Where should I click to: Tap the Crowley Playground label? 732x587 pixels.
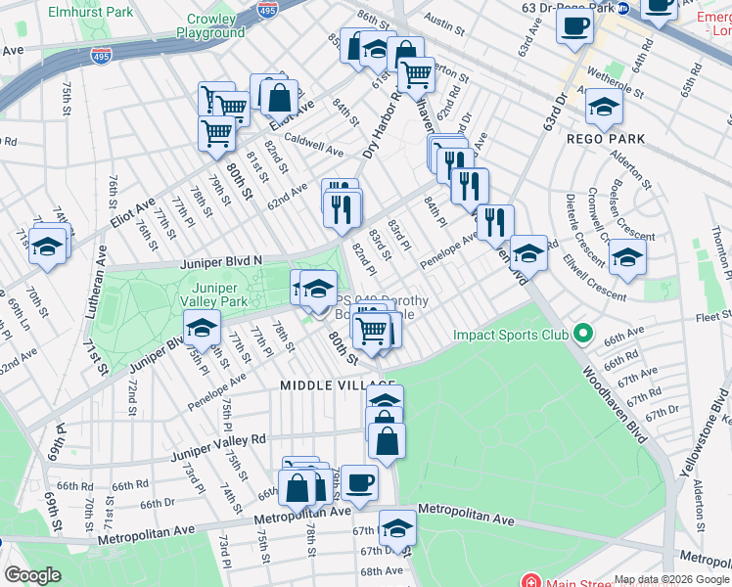tap(210, 25)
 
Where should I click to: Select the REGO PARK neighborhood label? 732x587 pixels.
tap(606, 139)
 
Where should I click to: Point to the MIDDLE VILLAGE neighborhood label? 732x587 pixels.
tap(338, 385)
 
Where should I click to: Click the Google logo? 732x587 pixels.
tap(32, 575)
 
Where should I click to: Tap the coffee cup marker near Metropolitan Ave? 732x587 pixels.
tap(359, 483)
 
